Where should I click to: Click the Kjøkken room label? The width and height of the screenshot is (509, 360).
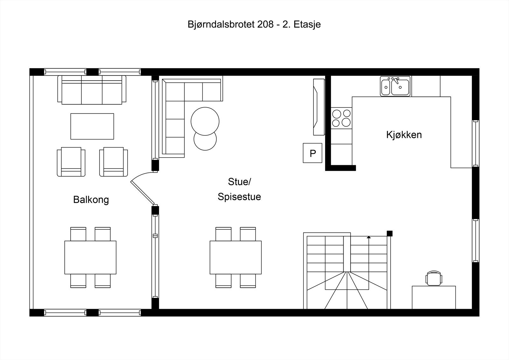coord(404,135)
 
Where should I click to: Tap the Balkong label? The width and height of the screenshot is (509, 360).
coord(91,200)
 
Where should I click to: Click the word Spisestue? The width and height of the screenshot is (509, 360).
coord(239,196)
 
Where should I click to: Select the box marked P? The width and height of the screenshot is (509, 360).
coord(312,153)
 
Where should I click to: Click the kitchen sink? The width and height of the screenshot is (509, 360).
coord(395,86)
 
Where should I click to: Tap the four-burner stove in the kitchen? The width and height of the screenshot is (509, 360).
coord(341,118)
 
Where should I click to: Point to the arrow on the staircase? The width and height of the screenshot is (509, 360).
coord(369,237)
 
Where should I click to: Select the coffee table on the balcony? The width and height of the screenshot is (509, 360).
coord(92,126)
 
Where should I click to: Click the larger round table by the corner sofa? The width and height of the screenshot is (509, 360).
coord(205,121)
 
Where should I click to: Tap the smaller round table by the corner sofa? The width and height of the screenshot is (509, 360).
coord(205,140)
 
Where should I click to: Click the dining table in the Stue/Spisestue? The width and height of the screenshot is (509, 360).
coord(235,257)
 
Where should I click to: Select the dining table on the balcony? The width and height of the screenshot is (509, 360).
coord(90,257)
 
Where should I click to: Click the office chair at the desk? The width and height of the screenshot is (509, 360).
coord(434,278)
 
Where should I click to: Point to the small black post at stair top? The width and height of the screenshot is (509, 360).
coord(389,233)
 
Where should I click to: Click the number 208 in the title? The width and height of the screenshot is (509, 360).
coord(265,25)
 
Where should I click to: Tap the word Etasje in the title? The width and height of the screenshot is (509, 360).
coord(307,25)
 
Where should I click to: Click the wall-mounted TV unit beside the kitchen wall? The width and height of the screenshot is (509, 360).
coord(318,107)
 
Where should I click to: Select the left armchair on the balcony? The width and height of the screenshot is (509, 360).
coord(71,161)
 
